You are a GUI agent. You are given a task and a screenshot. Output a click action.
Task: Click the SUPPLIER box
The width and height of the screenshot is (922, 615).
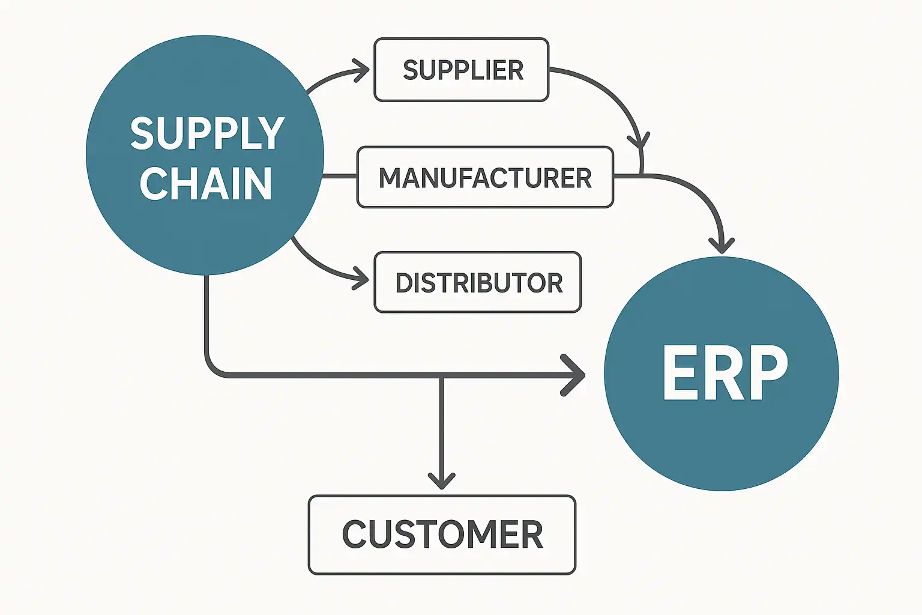[x=461, y=70]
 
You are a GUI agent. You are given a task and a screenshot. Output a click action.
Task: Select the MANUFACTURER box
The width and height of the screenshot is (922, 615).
[x=485, y=178]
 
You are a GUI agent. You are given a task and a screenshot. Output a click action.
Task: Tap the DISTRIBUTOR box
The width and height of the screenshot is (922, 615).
[x=478, y=283]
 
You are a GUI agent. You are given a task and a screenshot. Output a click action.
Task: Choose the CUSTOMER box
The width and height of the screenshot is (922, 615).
[x=442, y=535]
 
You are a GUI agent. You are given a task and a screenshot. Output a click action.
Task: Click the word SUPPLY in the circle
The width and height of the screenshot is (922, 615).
[x=207, y=133]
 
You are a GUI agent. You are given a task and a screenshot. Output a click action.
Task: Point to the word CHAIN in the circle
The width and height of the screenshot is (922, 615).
[x=206, y=184]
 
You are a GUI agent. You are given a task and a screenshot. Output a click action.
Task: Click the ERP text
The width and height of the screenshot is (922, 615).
[x=725, y=374]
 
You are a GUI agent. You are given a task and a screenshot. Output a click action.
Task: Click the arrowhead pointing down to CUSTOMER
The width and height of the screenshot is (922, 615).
[x=442, y=480]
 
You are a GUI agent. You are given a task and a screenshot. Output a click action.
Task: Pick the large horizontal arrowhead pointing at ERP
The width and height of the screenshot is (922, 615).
[x=575, y=375]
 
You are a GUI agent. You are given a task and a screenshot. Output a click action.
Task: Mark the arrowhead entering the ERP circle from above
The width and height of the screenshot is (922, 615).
[x=722, y=245]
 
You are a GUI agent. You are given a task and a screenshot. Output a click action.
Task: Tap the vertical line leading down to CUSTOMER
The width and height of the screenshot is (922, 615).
[x=442, y=426]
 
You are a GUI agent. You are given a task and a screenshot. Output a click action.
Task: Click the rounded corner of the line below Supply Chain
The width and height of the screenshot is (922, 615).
[x=214, y=367]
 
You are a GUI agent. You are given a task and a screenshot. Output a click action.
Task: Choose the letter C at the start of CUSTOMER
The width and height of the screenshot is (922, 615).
[x=355, y=535]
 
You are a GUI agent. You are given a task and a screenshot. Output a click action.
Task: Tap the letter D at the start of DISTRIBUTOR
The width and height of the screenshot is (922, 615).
[x=404, y=283]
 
